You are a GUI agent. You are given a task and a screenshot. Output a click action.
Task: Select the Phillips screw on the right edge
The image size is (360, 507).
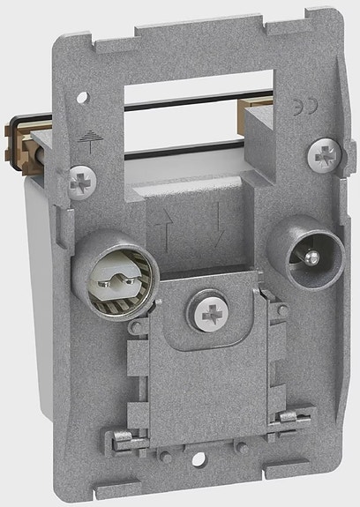click(x=321, y=155)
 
